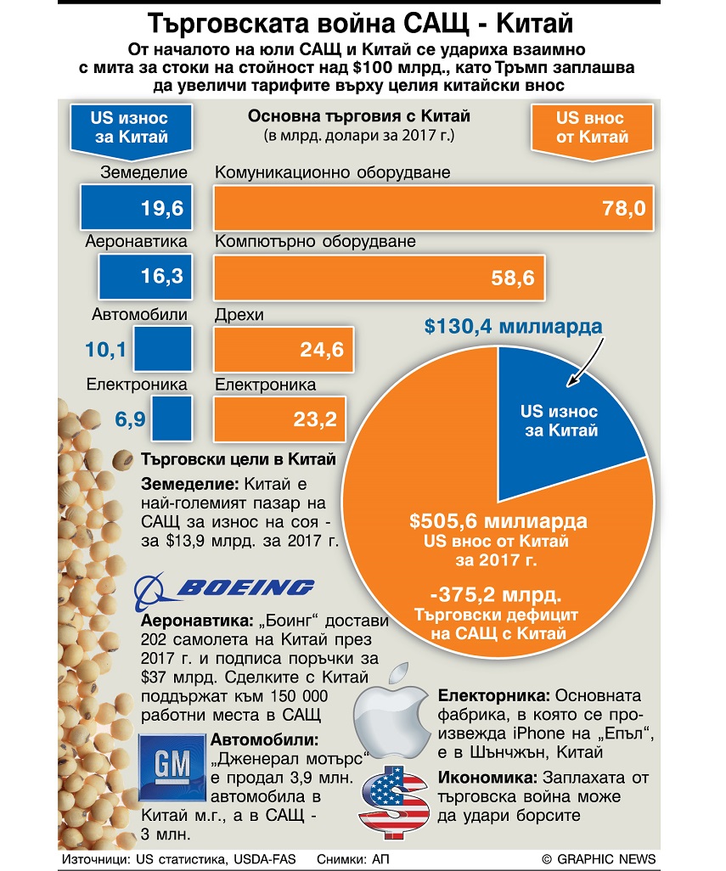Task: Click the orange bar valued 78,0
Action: click(x=433, y=208)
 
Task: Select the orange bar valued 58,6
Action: click(x=380, y=278)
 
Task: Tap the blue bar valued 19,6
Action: click(x=136, y=207)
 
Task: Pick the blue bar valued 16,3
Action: click(x=145, y=277)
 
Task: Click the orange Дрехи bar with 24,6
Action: click(x=284, y=350)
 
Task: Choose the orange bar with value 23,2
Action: click(x=279, y=419)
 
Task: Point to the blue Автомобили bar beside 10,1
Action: click(x=163, y=349)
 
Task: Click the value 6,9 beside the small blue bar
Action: click(x=130, y=419)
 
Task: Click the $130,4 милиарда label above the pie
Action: click(x=513, y=326)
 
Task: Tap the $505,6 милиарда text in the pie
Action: click(x=498, y=521)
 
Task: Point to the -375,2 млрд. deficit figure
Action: click(x=496, y=595)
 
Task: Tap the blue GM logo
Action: click(x=172, y=767)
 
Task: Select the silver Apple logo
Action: click(x=392, y=711)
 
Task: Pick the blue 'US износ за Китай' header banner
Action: click(x=131, y=129)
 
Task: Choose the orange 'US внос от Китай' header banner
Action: click(x=592, y=129)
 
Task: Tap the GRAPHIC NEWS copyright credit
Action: click(x=599, y=859)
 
